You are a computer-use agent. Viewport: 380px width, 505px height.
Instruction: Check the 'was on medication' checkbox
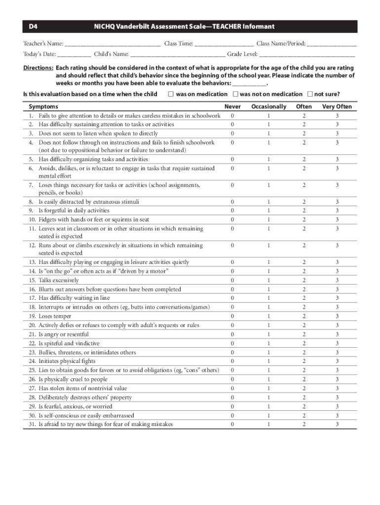[x=171, y=94]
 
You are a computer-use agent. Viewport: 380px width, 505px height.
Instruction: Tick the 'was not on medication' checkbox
[x=235, y=94]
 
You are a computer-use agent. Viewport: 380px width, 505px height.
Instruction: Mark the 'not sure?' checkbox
[x=309, y=94]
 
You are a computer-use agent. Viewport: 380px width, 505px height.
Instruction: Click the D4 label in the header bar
[x=33, y=27]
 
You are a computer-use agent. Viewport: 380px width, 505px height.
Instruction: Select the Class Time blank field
[x=224, y=44]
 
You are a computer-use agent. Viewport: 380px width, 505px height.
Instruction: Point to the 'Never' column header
[x=232, y=107]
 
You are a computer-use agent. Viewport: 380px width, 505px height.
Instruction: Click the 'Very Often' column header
[x=337, y=107]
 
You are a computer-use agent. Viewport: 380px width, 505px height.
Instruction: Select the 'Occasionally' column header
[x=268, y=107]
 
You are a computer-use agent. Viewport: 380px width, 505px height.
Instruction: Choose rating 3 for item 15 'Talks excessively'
[x=337, y=280]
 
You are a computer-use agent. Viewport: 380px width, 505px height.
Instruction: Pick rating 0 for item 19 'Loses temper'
[x=232, y=316]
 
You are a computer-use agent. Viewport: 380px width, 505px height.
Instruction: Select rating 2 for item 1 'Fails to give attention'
[x=304, y=115]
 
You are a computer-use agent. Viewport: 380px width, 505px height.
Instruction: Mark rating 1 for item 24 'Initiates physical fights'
[x=268, y=361]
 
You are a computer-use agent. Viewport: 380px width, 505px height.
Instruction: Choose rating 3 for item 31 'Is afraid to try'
[x=337, y=424]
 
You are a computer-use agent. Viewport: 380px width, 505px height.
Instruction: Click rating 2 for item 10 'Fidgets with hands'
[x=304, y=219]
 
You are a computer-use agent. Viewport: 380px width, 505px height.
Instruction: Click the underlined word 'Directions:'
[x=38, y=68]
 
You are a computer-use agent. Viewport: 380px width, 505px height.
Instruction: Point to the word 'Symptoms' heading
[x=43, y=107]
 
